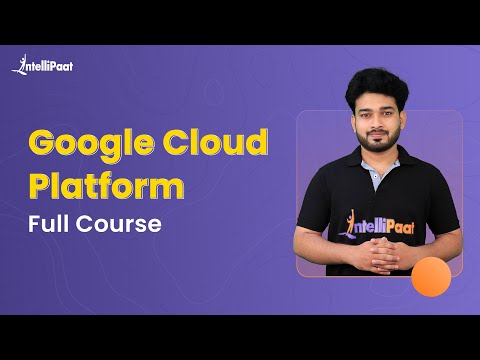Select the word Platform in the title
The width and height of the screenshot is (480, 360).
click(107, 187)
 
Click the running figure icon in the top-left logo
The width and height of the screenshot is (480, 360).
click(19, 65)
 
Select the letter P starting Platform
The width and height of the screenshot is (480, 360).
click(40, 187)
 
